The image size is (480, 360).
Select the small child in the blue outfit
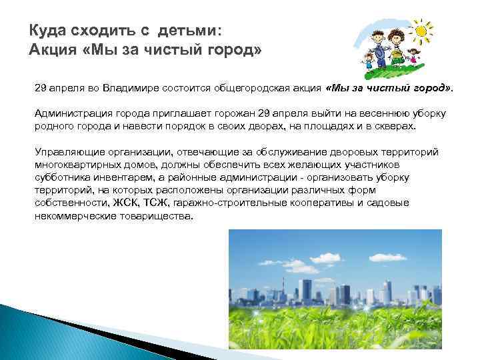click(368, 63)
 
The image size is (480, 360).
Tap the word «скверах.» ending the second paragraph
click(394, 127)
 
